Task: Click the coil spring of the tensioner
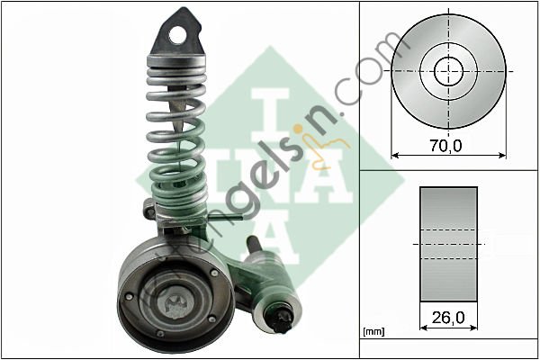181,135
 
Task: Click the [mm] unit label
372,333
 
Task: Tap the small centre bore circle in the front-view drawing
449,71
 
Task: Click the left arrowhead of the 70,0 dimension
397,155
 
